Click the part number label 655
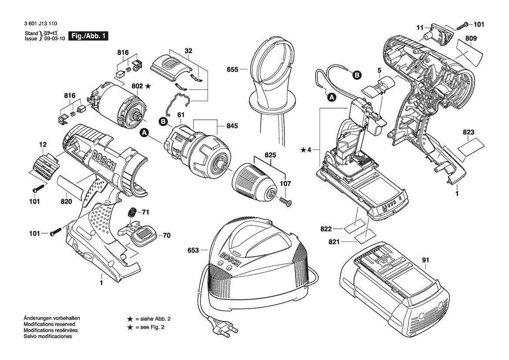pyautogui.click(x=233, y=69)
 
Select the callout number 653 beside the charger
pyautogui.click(x=193, y=251)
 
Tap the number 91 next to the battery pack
pyautogui.click(x=425, y=261)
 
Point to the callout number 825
pyautogui.click(x=270, y=155)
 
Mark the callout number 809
pyautogui.click(x=471, y=38)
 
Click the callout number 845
pyautogui.click(x=232, y=126)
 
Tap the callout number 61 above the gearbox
pyautogui.click(x=179, y=115)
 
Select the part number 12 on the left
pyautogui.click(x=43, y=144)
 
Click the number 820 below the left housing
pyautogui.click(x=66, y=201)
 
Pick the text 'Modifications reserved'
pyautogui.click(x=49, y=324)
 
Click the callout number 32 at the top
pyautogui.click(x=188, y=51)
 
